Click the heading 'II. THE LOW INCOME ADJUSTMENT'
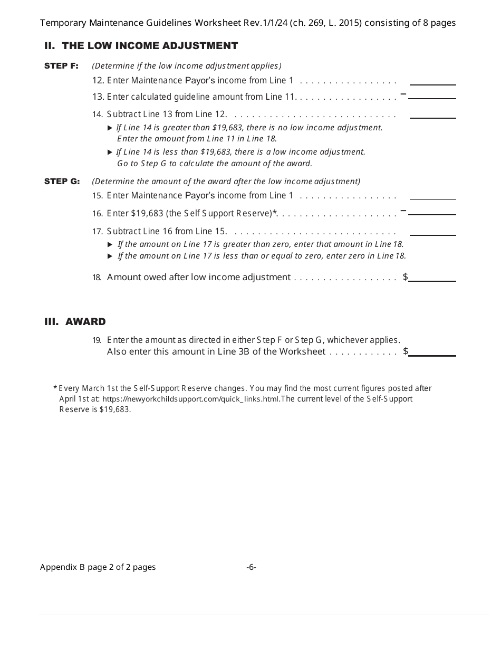(x=141, y=46)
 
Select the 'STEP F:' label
(x=61, y=66)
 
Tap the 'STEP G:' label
(x=62, y=182)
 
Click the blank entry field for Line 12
(x=432, y=80)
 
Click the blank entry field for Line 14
(x=432, y=113)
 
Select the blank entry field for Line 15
(x=432, y=195)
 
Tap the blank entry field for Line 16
(x=432, y=210)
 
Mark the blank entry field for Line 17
(x=432, y=231)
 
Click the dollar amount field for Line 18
(x=432, y=276)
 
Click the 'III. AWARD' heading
(x=75, y=322)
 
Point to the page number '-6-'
(x=251, y=567)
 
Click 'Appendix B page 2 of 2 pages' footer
(x=98, y=567)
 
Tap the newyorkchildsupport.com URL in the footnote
(x=190, y=399)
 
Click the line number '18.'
(x=97, y=278)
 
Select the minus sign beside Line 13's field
(x=403, y=94)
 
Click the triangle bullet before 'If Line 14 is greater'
(x=110, y=128)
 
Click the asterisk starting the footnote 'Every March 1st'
(x=55, y=388)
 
